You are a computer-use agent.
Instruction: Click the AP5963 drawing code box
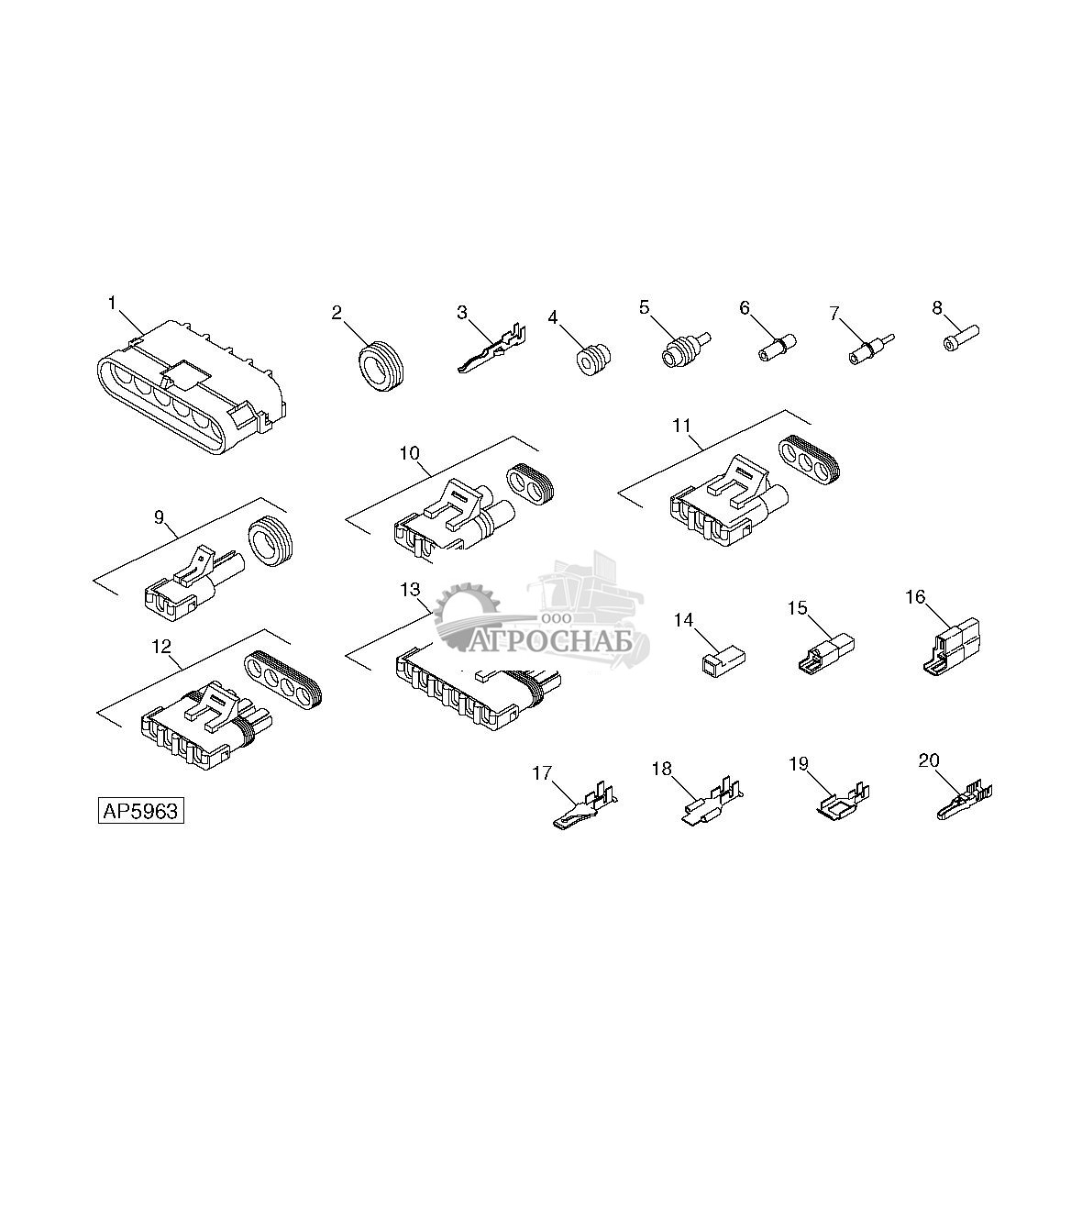(141, 811)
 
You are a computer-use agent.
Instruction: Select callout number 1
(112, 304)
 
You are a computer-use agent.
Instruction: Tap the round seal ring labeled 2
(381, 368)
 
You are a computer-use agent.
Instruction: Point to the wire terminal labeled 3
(491, 349)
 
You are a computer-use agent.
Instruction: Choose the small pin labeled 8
(960, 338)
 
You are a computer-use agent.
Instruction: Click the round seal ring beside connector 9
(270, 542)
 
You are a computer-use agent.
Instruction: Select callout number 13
(410, 589)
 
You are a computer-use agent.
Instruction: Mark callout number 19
(799, 763)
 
